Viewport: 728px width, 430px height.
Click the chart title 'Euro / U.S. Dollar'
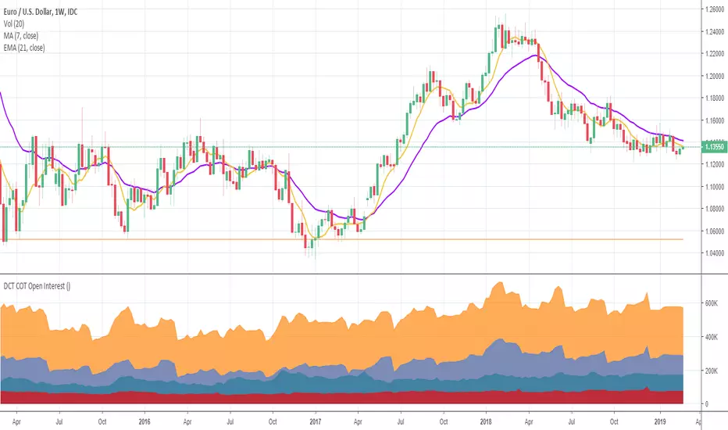(x=34, y=10)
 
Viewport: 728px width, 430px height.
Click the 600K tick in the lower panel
(x=711, y=303)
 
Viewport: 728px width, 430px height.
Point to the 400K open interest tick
(x=711, y=336)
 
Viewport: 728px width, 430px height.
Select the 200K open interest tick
(x=711, y=370)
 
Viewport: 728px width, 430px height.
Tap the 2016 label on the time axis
(x=144, y=419)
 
